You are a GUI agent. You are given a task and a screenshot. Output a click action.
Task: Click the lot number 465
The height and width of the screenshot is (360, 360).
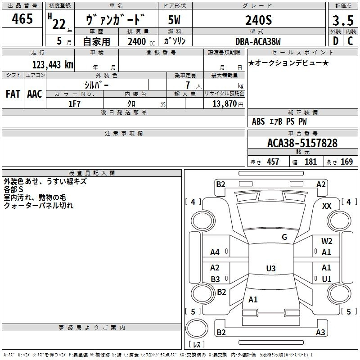click(22, 18)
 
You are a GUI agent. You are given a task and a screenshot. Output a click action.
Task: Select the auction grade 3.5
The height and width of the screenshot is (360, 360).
click(343, 20)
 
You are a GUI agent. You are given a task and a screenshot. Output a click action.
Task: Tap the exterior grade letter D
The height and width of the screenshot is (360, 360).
click(336, 41)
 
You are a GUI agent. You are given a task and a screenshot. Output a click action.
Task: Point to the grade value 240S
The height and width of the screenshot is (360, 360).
click(259, 20)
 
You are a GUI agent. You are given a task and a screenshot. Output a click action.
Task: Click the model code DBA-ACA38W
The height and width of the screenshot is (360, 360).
click(258, 41)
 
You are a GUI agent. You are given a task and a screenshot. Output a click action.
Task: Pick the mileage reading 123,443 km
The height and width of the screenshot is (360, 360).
click(53, 64)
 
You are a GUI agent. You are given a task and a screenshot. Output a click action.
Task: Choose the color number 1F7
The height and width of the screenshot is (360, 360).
click(74, 104)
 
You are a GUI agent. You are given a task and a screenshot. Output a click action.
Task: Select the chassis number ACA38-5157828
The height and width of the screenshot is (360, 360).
click(302, 143)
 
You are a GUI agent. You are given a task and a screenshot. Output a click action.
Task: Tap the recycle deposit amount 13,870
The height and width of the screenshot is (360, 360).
click(224, 103)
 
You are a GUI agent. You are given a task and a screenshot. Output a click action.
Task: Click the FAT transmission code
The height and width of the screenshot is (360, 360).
click(13, 94)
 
